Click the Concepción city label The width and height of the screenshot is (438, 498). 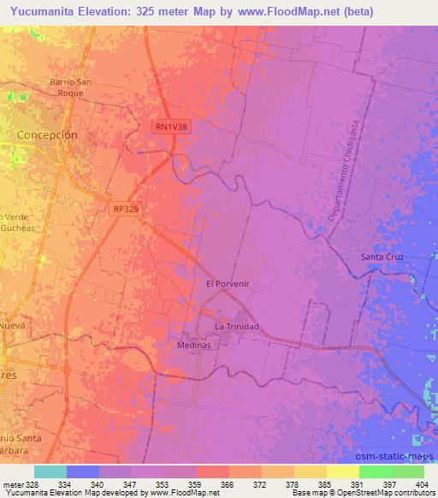48,135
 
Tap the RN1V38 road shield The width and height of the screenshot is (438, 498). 174,126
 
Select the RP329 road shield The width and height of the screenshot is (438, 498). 125,207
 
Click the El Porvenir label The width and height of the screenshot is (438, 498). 227,282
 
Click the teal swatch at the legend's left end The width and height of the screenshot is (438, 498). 50,471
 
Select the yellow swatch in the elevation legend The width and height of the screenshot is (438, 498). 342,471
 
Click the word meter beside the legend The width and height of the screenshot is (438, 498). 12,484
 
